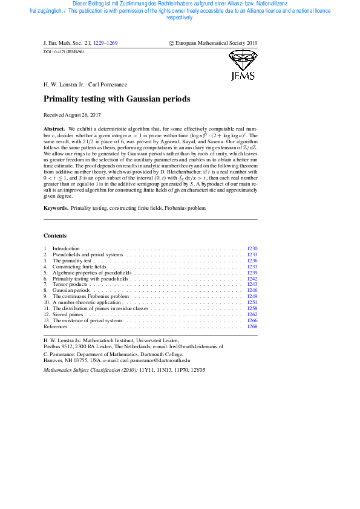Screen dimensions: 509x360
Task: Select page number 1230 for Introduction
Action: tap(252, 248)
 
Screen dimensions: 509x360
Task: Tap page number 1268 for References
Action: tap(252, 326)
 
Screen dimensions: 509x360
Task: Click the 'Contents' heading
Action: tap(56, 235)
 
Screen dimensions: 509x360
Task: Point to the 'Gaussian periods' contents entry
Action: tap(71, 291)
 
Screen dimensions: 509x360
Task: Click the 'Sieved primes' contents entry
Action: tap(68, 314)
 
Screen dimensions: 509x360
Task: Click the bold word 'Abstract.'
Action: tap(54, 129)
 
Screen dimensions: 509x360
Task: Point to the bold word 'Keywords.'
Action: tap(56, 208)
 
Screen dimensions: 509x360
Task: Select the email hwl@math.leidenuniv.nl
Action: tap(195, 347)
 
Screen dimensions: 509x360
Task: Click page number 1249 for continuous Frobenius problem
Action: tap(252, 297)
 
